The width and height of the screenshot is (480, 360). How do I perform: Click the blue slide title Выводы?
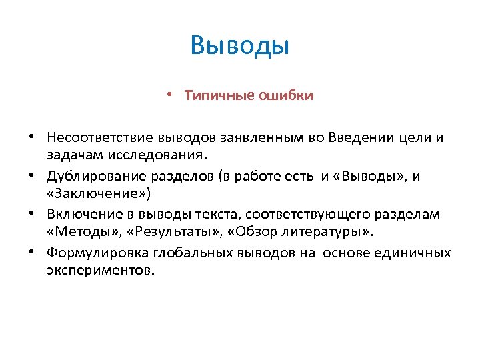pos(239,46)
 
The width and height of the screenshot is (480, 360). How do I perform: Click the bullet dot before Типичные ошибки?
pos(171,95)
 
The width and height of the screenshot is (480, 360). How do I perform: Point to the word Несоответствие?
pos(92,137)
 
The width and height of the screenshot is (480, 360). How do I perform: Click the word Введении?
pos(354,137)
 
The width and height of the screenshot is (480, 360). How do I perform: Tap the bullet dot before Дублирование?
pos(31,175)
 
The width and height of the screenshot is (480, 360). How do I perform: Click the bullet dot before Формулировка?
pos(31,253)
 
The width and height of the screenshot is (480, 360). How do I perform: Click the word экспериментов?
pos(101,271)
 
